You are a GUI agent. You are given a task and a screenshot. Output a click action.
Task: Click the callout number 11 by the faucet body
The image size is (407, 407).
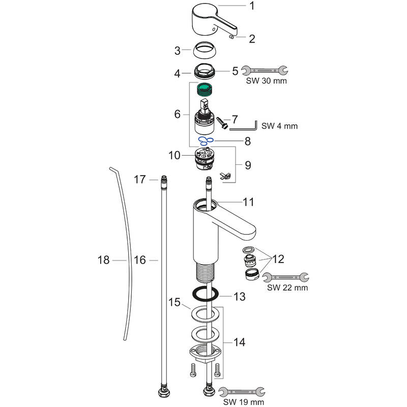[248, 202]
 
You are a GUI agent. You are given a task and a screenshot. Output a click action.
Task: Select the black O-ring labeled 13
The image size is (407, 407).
[207, 295]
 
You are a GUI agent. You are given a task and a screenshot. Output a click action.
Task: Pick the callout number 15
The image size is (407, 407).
[175, 303]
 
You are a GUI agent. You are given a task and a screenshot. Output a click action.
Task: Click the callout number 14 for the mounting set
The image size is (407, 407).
[239, 343]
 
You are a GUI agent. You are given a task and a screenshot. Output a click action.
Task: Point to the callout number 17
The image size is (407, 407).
[140, 179]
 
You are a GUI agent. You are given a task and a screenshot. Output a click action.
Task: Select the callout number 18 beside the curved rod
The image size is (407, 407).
[103, 260]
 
